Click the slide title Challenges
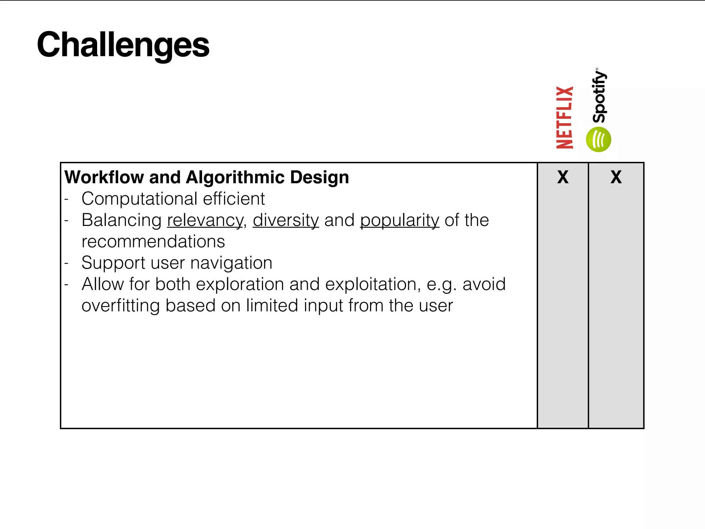(123, 45)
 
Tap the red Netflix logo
(565, 117)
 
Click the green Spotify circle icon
(598, 139)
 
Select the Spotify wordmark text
(599, 96)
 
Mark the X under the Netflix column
(563, 177)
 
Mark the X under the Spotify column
(616, 177)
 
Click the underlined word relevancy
(205, 220)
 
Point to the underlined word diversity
(286, 220)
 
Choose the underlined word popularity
(400, 220)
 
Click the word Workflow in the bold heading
(104, 177)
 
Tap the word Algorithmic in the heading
(235, 177)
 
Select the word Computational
(139, 199)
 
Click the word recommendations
(153, 241)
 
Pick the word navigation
(231, 263)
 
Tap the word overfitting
(120, 306)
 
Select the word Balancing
(122, 220)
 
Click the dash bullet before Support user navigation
(67, 263)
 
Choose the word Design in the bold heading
(319, 177)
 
